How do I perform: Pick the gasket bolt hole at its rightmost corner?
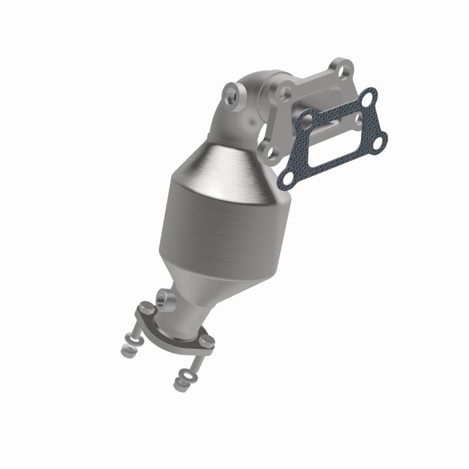click(x=381, y=141)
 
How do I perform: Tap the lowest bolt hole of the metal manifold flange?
click(x=273, y=153)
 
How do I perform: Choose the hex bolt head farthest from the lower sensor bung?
click(x=206, y=340)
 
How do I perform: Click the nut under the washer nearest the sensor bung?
click(x=127, y=351)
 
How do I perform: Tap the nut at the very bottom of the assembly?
click(x=179, y=385)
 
